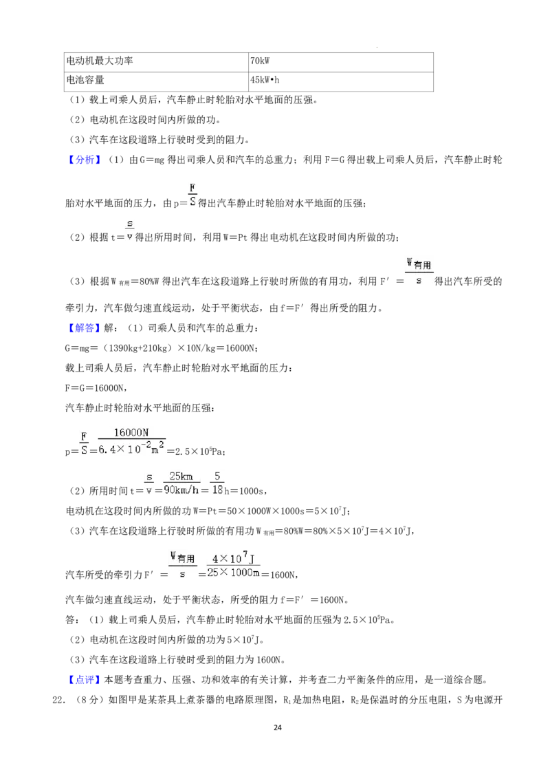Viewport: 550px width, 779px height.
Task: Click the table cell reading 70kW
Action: pyautogui.click(x=340, y=62)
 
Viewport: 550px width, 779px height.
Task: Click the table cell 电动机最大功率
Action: pyautogui.click(x=156, y=62)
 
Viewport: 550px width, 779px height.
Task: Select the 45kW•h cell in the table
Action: pyautogui.click(x=340, y=81)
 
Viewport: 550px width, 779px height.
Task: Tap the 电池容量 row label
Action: pyautogui.click(x=156, y=81)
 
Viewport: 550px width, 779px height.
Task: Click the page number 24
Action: pyautogui.click(x=278, y=727)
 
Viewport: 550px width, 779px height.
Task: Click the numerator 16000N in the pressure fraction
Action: pyautogui.click(x=131, y=433)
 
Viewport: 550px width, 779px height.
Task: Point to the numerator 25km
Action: pyautogui.click(x=181, y=476)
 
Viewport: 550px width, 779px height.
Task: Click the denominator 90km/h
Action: pyautogui.click(x=181, y=490)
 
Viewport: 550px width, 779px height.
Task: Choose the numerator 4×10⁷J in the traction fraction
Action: pyautogui.click(x=233, y=557)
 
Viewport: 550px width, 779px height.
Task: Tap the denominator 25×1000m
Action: pyautogui.click(x=233, y=573)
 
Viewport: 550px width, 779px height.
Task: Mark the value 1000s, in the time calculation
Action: pyautogui.click(x=253, y=491)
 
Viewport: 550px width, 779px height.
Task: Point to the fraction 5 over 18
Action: pyautogui.click(x=217, y=482)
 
